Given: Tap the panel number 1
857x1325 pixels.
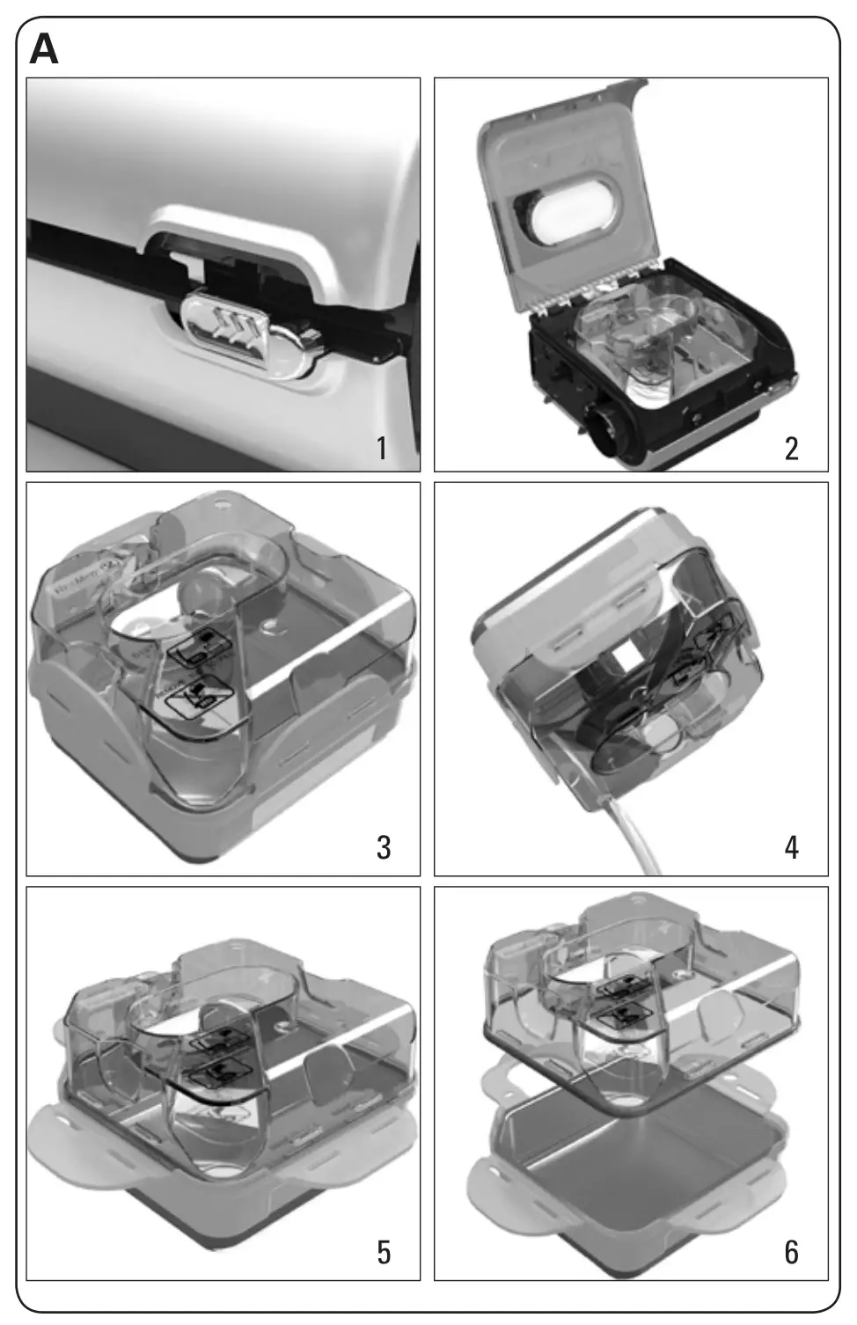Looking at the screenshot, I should click(x=382, y=449).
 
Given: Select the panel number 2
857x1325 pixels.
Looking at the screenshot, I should click(x=791, y=449).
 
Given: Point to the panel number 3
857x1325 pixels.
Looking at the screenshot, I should click(x=383, y=847).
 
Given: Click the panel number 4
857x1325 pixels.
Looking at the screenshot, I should click(x=791, y=847).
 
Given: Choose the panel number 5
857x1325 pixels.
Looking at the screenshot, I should click(x=383, y=1251).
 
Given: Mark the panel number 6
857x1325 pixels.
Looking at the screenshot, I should click(x=791, y=1251).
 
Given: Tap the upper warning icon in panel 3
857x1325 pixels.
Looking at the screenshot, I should click(x=200, y=649).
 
